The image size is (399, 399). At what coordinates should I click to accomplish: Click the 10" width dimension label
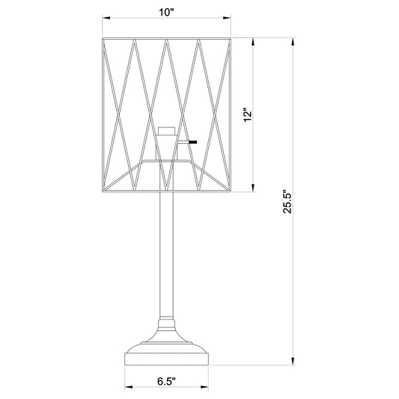tap(167, 13)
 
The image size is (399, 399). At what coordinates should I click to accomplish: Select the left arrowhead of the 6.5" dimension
tap(127, 388)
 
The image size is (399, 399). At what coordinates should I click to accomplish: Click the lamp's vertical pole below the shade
tap(166, 255)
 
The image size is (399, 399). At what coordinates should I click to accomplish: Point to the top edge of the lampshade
tap(166, 35)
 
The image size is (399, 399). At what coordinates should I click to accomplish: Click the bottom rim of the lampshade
tap(166, 189)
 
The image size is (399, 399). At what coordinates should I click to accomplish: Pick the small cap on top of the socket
tap(166, 128)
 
